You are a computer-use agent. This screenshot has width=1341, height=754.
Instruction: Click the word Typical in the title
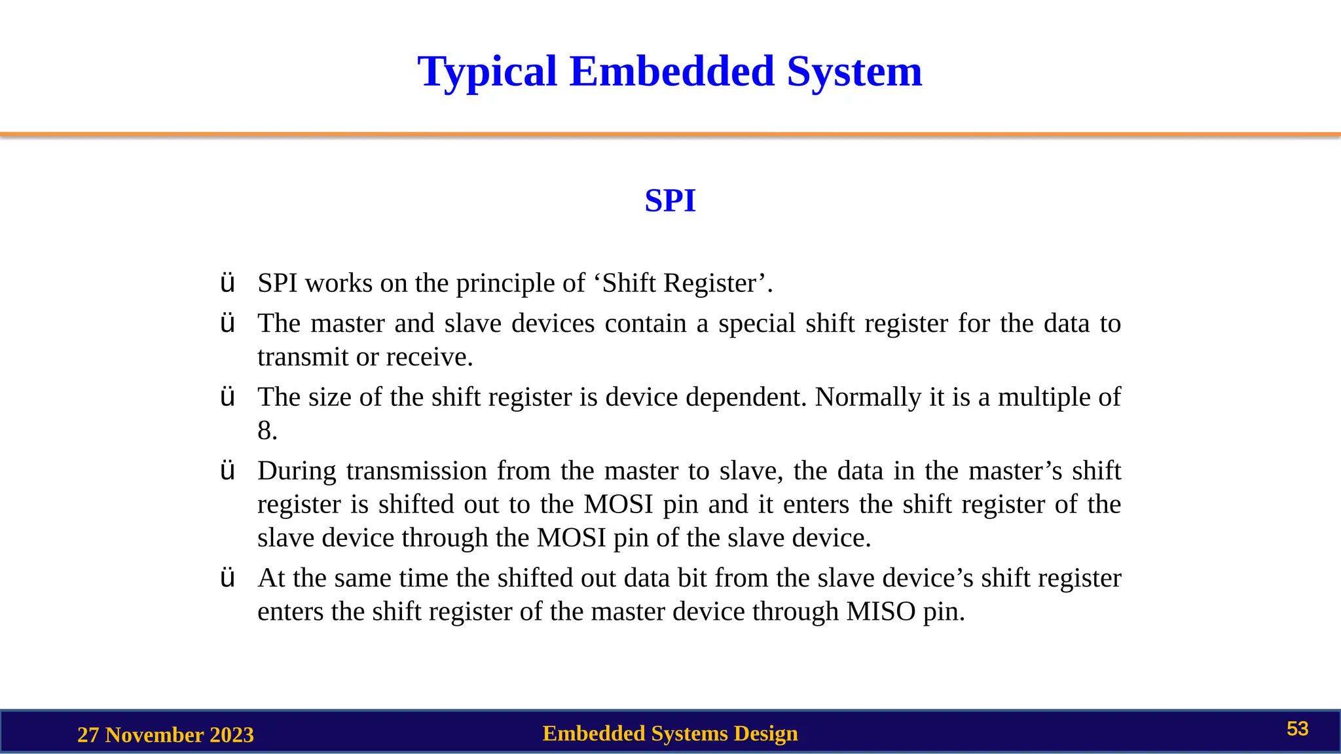coord(487,72)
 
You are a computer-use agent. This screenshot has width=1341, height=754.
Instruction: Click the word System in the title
coord(854,72)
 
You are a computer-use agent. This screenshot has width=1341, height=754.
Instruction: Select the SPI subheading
coord(670,201)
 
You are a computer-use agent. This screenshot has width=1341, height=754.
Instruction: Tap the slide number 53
coord(1297,729)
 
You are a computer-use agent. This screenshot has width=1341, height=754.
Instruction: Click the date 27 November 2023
coord(165,735)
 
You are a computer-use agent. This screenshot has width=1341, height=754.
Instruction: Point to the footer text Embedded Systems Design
coord(670,734)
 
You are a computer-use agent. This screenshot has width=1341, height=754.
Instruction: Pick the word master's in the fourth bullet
coord(1015,471)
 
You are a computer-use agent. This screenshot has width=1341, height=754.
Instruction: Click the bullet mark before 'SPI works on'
coord(227,283)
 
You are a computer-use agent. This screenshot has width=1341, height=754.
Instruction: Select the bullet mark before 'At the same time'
coord(227,579)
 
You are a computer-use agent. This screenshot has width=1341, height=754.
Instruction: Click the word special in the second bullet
coord(757,324)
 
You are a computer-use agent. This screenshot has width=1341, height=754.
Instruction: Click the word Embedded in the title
coord(672,72)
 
